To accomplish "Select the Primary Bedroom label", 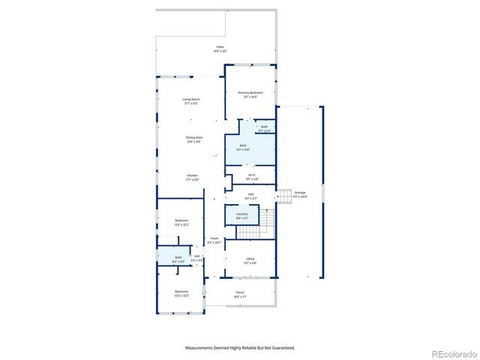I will tap(250, 94).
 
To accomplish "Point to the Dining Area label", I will tap(195, 139).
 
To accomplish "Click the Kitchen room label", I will tap(192, 177).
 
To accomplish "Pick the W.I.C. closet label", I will tap(251, 177).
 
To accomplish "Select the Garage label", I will tap(300, 194).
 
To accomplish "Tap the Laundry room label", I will tap(242, 215).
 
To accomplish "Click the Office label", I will tap(250, 261).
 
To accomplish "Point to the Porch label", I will tap(240, 294).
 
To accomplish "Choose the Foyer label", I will tap(214, 240).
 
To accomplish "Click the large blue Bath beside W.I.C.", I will tap(242, 147).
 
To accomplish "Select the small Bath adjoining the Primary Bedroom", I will tap(264, 128).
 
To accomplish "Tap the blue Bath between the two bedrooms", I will tap(178, 259).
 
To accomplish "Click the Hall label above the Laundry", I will tap(250, 195).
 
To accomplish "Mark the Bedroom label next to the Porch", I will tap(181, 293).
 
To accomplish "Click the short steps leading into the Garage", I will tap(284, 196).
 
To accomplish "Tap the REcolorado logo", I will tap(451, 353).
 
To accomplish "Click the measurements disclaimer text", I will tap(240, 348).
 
